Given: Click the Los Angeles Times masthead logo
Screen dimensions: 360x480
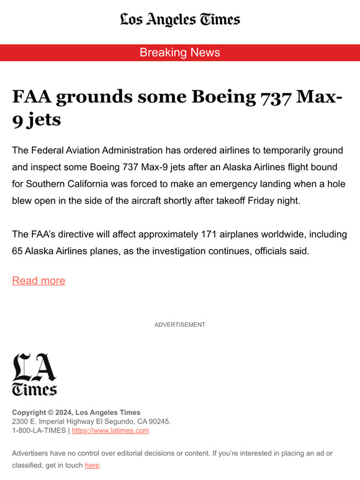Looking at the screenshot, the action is click(180, 19).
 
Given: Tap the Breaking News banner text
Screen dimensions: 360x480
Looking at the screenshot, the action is click(180, 53).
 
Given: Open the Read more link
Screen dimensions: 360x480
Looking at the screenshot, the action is click(38, 280).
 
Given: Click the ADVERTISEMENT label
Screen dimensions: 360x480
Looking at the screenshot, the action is click(180, 324).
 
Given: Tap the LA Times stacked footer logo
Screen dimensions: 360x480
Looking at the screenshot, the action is click(34, 374).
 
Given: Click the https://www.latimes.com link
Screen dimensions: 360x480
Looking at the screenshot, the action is click(110, 430).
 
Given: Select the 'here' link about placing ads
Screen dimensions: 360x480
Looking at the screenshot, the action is click(92, 465).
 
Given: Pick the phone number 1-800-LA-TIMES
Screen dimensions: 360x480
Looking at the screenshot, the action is click(39, 430).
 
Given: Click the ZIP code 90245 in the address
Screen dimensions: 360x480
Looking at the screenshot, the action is click(158, 422).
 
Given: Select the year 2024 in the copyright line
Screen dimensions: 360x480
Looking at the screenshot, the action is click(63, 412).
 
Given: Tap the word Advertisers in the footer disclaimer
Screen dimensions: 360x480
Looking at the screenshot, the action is click(32, 453).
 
